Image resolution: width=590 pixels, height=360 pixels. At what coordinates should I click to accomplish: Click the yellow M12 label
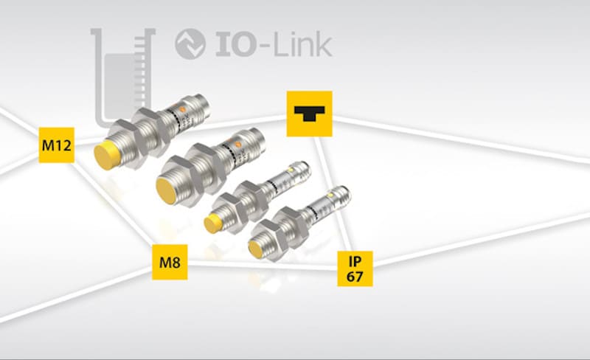pos(57,145)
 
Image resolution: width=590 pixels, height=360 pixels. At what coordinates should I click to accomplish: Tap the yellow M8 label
pos(170,262)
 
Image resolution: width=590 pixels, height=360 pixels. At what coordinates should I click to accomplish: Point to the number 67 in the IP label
pos(355,277)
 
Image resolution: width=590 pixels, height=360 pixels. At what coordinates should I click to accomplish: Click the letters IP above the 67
pos(355,261)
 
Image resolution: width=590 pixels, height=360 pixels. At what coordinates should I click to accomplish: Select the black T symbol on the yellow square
pos(309,114)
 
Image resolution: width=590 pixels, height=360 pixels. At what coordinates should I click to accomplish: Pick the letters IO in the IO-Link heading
pos(237,44)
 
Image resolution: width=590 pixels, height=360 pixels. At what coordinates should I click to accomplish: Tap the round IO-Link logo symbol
pos(190,44)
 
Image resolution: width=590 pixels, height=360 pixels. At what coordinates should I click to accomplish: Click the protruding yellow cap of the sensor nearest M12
pos(105,156)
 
